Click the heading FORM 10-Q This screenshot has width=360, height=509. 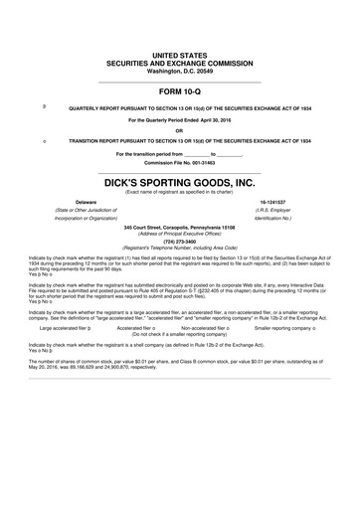pyautogui.click(x=180, y=90)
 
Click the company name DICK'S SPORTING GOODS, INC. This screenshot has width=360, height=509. pyautogui.click(x=180, y=183)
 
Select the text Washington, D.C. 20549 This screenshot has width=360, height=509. pyautogui.click(x=180, y=72)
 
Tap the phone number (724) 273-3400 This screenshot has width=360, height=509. pyautogui.click(x=180, y=239)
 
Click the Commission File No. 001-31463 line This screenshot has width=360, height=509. pyautogui.click(x=180, y=163)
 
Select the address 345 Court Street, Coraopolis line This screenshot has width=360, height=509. pyautogui.click(x=180, y=226)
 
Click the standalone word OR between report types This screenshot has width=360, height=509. pyautogui.click(x=180, y=131)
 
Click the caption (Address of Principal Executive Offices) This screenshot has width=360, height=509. pyautogui.click(x=180, y=232)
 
